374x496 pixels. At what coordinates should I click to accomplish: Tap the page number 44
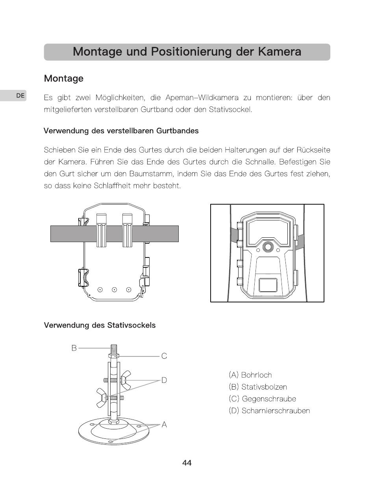click(187, 463)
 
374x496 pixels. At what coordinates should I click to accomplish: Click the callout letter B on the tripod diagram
click(74, 348)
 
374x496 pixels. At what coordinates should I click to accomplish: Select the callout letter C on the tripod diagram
click(164, 356)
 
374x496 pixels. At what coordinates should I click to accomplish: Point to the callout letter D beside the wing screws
click(164, 380)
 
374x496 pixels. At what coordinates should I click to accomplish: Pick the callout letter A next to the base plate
click(164, 425)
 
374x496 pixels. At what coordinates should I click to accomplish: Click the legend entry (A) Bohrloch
click(250, 375)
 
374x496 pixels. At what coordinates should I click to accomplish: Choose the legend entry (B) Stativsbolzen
click(258, 387)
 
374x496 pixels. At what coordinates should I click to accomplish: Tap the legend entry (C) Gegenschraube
click(262, 399)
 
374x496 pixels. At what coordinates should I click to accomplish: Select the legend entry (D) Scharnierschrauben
click(269, 410)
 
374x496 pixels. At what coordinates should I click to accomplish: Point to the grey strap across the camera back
click(115, 234)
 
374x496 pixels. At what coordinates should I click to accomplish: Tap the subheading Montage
click(64, 78)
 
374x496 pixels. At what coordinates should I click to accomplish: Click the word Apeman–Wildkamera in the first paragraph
click(202, 98)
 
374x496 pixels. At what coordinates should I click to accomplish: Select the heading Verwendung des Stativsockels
click(100, 325)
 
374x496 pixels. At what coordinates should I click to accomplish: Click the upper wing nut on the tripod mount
click(126, 380)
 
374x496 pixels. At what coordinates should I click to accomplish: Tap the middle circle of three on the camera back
click(115, 290)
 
